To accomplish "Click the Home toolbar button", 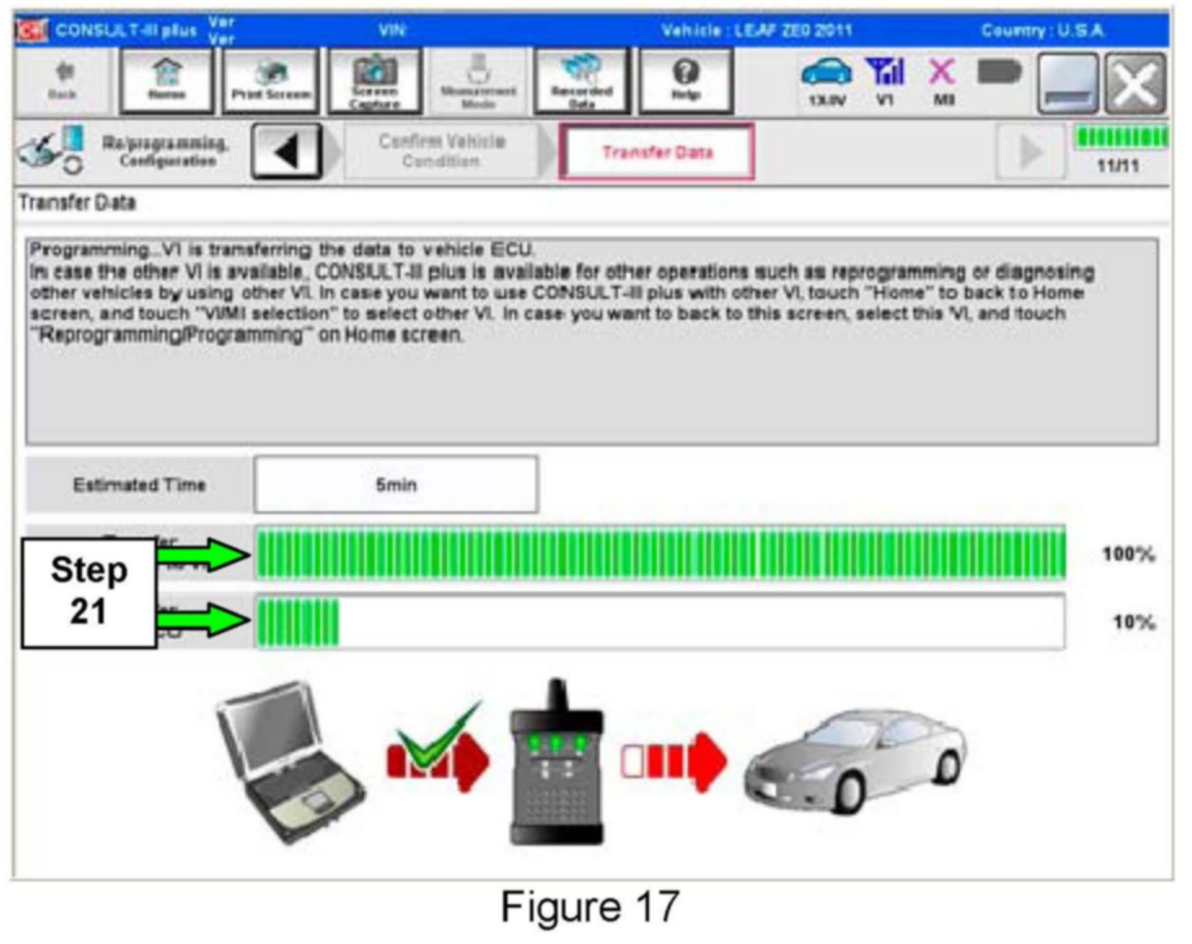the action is click(167, 80).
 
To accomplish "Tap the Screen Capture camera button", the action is click(375, 80).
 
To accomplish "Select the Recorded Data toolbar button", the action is click(583, 80).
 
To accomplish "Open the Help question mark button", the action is click(685, 80).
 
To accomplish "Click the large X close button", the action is click(1135, 84).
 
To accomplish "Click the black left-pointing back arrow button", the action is click(287, 152).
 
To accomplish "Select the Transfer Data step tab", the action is click(657, 152).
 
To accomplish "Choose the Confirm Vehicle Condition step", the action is click(441, 151).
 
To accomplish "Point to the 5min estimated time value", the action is click(396, 485).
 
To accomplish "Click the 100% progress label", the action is click(1128, 554).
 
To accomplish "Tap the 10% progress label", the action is click(1133, 622).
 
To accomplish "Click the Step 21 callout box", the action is click(88, 592).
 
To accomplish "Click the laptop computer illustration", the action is click(289, 760).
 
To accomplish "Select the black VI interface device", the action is click(557, 764).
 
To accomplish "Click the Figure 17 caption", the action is click(590, 907).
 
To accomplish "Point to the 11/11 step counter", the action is click(1118, 165).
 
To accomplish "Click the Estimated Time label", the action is click(139, 485).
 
